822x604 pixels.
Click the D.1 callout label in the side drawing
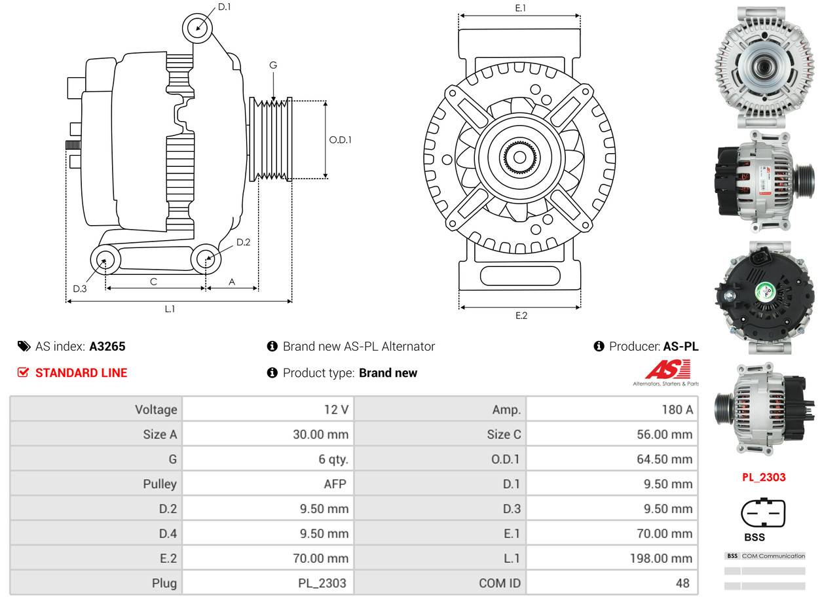tap(224, 7)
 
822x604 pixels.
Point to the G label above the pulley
tap(273, 65)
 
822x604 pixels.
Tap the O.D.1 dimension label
tap(340, 139)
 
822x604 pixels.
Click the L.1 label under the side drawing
tap(169, 309)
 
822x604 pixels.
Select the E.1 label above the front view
tap(521, 8)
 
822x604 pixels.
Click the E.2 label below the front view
tap(521, 315)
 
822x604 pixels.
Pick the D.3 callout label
tap(79, 289)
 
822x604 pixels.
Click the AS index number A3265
tap(107, 346)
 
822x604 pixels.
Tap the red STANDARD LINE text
tap(81, 373)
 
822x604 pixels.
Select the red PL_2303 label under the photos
tap(764, 477)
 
